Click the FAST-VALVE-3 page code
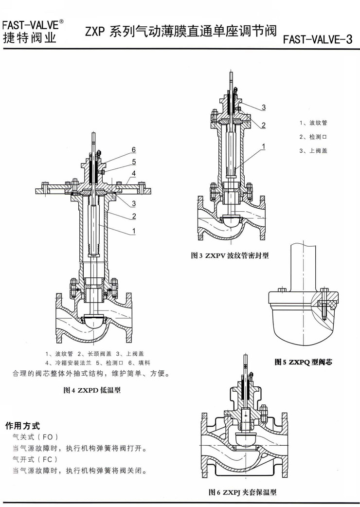pos(317,39)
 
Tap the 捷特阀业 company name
pos(29,37)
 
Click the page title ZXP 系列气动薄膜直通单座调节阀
pos(180,32)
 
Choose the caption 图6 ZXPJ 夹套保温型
pos(242,492)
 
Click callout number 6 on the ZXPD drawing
pos(133,149)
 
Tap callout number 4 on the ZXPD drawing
pos(133,174)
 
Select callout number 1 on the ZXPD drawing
pos(133,232)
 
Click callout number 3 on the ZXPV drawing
pos(263,107)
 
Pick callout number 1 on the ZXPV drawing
pos(263,145)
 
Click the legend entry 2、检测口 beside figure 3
pos(313,137)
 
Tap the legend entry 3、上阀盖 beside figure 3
pos(313,151)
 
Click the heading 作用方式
pos(22,425)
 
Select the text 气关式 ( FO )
pos(36,436)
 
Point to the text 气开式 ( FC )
pos(36,459)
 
